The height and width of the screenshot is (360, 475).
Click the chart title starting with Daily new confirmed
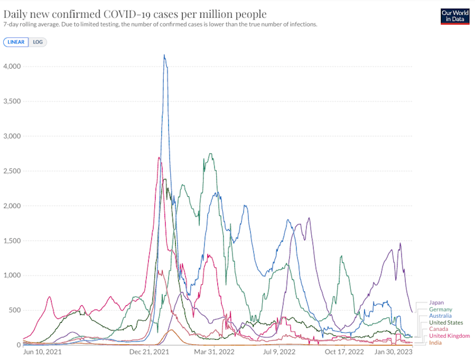coord(135,14)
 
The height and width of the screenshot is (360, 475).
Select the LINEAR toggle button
coord(16,42)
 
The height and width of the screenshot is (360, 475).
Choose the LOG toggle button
coord(38,42)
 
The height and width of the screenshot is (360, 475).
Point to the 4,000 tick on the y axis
coord(13,66)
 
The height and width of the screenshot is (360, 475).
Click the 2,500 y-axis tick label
coord(13,171)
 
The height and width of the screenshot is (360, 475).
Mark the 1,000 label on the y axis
coord(13,276)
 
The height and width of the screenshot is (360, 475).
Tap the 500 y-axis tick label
coord(16,310)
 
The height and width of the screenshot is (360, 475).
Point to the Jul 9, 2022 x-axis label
coord(278,352)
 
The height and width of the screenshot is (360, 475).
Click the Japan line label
coord(437,303)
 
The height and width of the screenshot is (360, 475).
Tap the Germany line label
coord(440,310)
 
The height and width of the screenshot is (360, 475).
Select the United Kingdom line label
coord(449,336)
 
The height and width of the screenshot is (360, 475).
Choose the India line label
coord(435,342)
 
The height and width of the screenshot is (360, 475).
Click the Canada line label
coord(438,329)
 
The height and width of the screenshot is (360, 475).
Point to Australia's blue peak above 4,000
coord(164,56)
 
